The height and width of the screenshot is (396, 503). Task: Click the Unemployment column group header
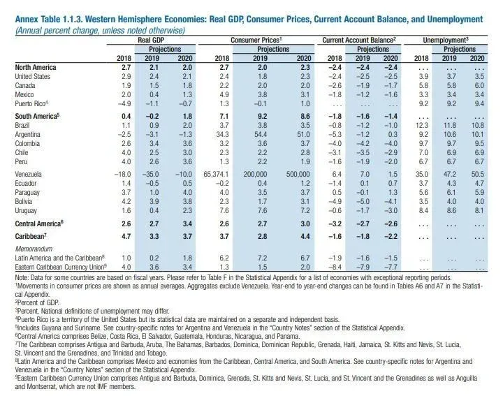pos(452,41)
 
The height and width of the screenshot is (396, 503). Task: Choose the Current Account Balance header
pos(360,41)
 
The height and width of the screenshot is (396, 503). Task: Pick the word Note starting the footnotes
pos(22,277)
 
